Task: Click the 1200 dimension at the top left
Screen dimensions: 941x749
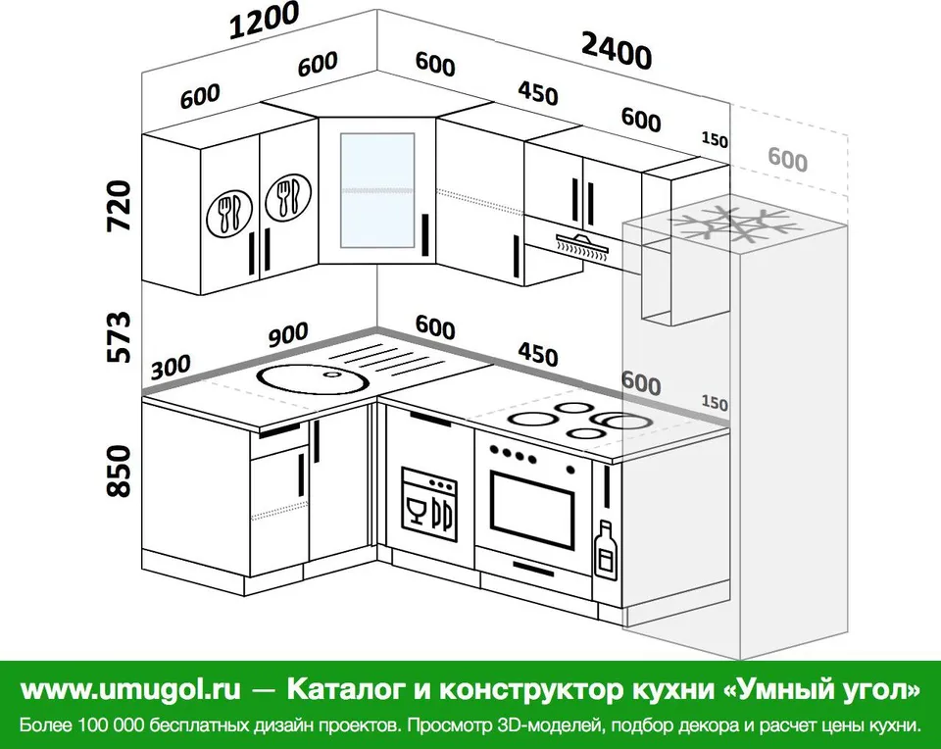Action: pyautogui.click(x=265, y=20)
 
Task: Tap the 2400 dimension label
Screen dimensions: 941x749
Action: pyautogui.click(x=617, y=51)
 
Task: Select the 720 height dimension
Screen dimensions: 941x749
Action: pyautogui.click(x=119, y=206)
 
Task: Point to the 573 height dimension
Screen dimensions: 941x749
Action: pyautogui.click(x=119, y=336)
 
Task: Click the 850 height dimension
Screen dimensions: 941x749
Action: pyautogui.click(x=119, y=472)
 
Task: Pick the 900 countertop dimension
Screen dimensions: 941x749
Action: pyautogui.click(x=288, y=335)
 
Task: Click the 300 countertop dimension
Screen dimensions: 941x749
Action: pyautogui.click(x=171, y=367)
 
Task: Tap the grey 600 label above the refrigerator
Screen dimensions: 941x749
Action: pyautogui.click(x=787, y=160)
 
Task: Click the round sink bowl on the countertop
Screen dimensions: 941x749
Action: pyautogui.click(x=311, y=378)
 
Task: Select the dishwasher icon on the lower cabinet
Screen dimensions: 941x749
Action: pyautogui.click(x=428, y=505)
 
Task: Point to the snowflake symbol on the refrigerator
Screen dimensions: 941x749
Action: pyautogui.click(x=729, y=225)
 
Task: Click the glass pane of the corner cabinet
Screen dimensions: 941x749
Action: pyautogui.click(x=377, y=190)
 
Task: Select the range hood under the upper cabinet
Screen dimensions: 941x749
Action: pyautogui.click(x=582, y=246)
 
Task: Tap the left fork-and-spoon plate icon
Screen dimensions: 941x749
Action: pyautogui.click(x=229, y=213)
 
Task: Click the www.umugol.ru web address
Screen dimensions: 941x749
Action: pyautogui.click(x=130, y=690)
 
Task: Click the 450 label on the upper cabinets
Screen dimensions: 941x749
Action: pyautogui.click(x=538, y=94)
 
